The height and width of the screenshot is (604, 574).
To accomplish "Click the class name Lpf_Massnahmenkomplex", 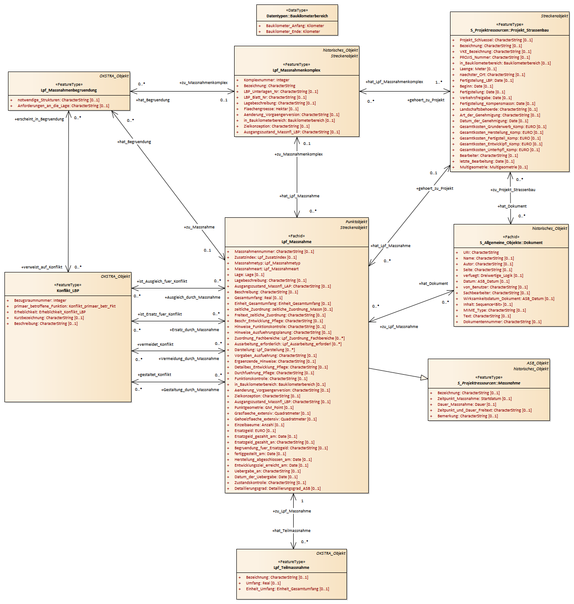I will tap(296, 70).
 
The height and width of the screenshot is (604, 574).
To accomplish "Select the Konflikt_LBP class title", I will tap(68, 291).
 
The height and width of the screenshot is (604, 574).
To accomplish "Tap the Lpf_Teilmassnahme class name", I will tap(291, 568).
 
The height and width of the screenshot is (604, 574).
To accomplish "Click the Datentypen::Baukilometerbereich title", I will tap(297, 16).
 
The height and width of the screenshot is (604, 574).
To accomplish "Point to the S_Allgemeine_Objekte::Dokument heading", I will tap(511, 243).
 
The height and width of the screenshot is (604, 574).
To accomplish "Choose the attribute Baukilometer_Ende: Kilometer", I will tap(293, 32).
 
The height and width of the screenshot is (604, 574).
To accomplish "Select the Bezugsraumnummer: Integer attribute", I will tap(40, 300).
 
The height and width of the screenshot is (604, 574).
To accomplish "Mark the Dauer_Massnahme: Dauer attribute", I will tap(466, 404).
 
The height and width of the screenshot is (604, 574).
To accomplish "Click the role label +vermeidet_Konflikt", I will tap(155, 344).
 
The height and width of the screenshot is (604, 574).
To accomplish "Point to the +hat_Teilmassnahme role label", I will tap(291, 531).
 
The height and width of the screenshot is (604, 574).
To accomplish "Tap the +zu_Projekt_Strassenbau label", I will tap(513, 190).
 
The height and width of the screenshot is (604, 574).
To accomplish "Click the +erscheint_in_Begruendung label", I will tap(39, 119).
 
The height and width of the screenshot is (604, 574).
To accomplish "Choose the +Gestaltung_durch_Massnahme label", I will tap(190, 390).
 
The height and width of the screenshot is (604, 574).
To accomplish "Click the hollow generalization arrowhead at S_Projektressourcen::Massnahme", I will tap(424, 378).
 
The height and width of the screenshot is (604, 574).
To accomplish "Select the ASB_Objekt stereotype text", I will tap(538, 363).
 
